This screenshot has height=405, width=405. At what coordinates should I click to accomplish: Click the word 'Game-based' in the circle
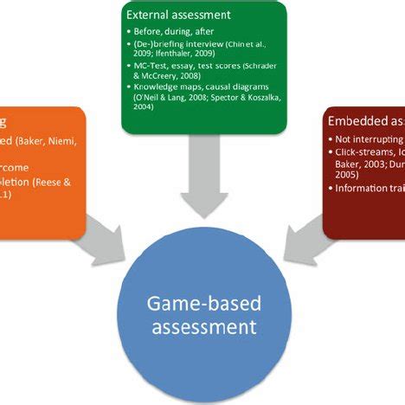[x=204, y=304]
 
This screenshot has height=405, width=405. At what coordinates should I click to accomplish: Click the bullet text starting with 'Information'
[x=369, y=187]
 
